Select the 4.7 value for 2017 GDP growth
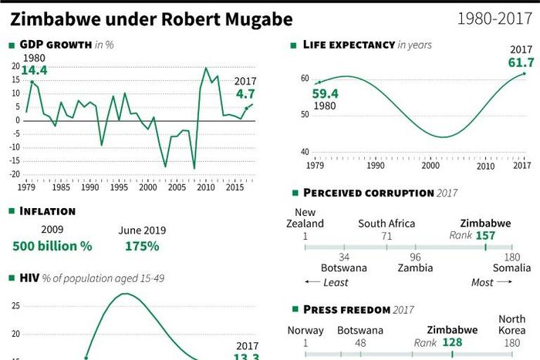[245, 94]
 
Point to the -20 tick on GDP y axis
[15, 174]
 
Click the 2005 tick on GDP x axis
[176, 187]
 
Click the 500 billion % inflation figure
[52, 246]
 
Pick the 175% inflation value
[142, 246]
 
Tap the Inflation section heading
[47, 210]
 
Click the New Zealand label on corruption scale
[305, 218]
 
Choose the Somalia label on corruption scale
[511, 268]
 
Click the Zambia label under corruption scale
[415, 268]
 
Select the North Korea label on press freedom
[512, 325]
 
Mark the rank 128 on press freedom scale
[454, 342]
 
